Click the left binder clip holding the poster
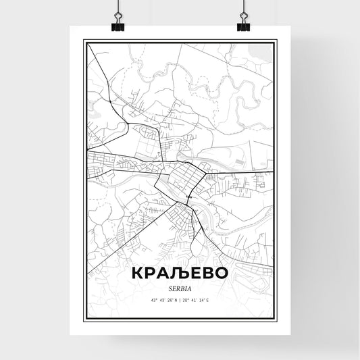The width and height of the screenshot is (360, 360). click(115, 24)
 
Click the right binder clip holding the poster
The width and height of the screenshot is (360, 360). click(244, 24)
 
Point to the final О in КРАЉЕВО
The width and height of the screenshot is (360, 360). click(221, 272)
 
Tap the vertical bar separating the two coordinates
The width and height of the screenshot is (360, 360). click(180, 300)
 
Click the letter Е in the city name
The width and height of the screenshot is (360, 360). click(192, 272)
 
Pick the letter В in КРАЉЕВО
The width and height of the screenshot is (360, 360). click(205, 272)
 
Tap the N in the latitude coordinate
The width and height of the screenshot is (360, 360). click(175, 300)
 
